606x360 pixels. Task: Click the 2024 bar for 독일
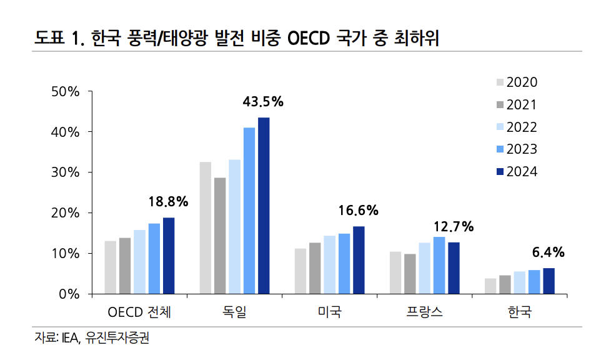[264, 206]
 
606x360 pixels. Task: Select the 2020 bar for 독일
[205, 227]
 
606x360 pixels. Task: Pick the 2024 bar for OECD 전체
[169, 256]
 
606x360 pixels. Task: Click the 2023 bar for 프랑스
[439, 265]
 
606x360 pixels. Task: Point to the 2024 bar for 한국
[549, 281]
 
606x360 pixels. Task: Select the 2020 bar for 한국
[490, 286]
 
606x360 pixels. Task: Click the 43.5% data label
[263, 101]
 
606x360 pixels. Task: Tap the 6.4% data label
[548, 252]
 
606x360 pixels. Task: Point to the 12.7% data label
[453, 226]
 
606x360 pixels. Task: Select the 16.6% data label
[358, 211]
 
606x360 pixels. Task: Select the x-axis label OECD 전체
[139, 312]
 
